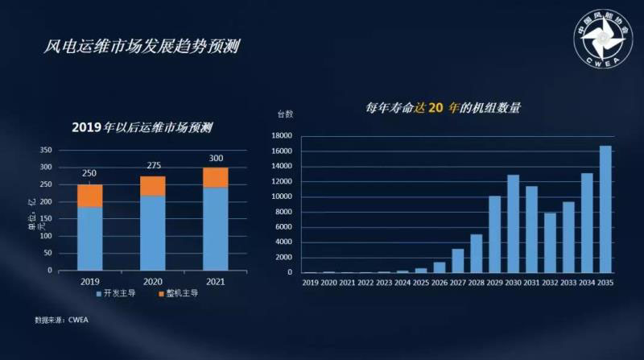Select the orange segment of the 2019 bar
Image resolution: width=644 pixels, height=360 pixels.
[x=89, y=196]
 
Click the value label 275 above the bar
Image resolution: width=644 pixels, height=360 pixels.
[x=152, y=167]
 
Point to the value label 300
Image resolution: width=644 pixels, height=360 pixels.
[x=215, y=158]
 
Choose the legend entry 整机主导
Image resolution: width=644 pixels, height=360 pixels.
[x=179, y=294]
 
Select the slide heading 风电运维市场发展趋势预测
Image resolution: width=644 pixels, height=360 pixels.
[x=141, y=46]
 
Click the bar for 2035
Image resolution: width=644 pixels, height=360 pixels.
[x=605, y=209]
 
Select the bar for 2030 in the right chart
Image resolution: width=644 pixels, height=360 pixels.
[x=514, y=224]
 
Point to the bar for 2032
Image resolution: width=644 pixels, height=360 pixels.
[x=550, y=242]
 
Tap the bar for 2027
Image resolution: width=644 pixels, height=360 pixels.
[x=458, y=260]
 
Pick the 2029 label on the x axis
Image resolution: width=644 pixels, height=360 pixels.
[x=494, y=283]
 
